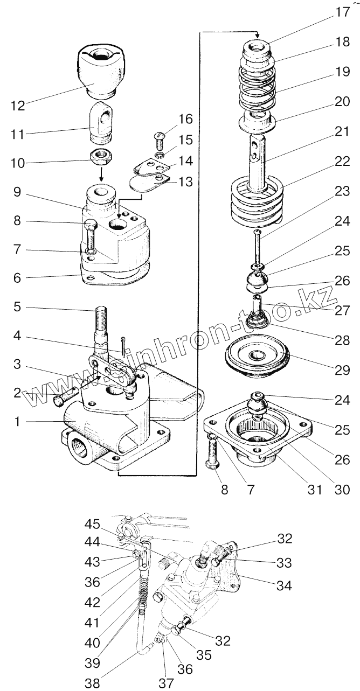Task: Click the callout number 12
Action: (x=18, y=106)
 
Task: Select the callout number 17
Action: (x=343, y=12)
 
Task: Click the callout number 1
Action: (x=18, y=422)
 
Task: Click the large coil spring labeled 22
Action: (x=258, y=202)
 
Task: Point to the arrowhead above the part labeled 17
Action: (x=258, y=36)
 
